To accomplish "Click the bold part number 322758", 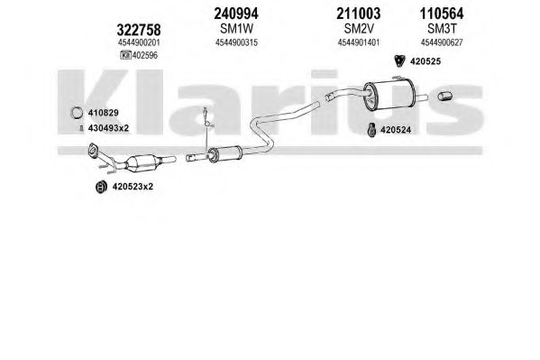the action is click(x=139, y=30).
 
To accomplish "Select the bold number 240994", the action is click(x=236, y=14).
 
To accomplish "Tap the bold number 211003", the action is click(x=359, y=14).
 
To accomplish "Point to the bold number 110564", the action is click(x=442, y=14).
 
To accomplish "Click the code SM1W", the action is click(x=236, y=29).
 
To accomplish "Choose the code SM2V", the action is click(x=359, y=29).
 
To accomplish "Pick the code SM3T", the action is click(x=442, y=29).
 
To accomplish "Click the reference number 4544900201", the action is click(x=139, y=42).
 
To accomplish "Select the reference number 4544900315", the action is click(x=236, y=42).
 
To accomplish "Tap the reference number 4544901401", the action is click(x=359, y=42).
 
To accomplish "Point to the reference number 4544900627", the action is click(x=442, y=42).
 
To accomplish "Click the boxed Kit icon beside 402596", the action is click(x=125, y=55).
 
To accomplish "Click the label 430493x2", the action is click(x=108, y=128).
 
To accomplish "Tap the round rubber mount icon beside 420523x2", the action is click(x=101, y=187).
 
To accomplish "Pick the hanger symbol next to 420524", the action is click(x=371, y=130).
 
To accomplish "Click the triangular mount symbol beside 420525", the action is click(x=399, y=60).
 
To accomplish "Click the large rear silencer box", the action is click(x=389, y=94).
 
